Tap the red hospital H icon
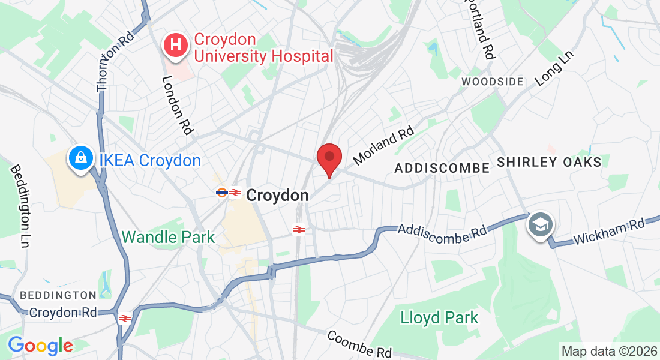(176, 46)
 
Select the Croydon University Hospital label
(263, 48)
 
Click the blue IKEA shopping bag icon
(80, 159)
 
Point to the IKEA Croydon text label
(150, 161)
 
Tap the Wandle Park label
(168, 237)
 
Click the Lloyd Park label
(440, 317)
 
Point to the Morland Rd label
(384, 145)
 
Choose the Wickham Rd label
(608, 232)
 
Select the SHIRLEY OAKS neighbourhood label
(549, 163)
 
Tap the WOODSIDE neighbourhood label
(493, 81)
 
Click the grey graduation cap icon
(540, 226)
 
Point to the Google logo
(40, 346)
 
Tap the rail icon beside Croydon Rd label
(125, 319)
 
